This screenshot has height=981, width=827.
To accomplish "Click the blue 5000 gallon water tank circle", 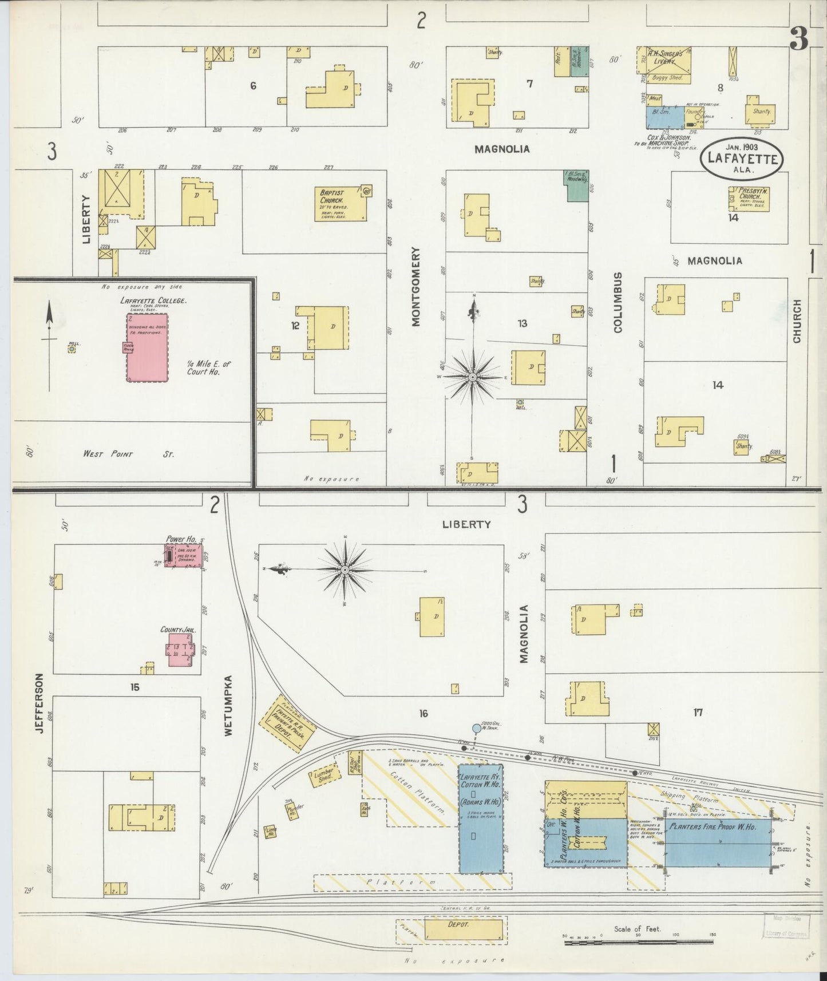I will point(476,728).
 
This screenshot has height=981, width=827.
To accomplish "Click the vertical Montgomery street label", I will point(416,286).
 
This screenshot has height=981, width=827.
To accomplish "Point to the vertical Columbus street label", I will point(617,302).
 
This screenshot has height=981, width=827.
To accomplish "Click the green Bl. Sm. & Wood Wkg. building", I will point(577,185).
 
